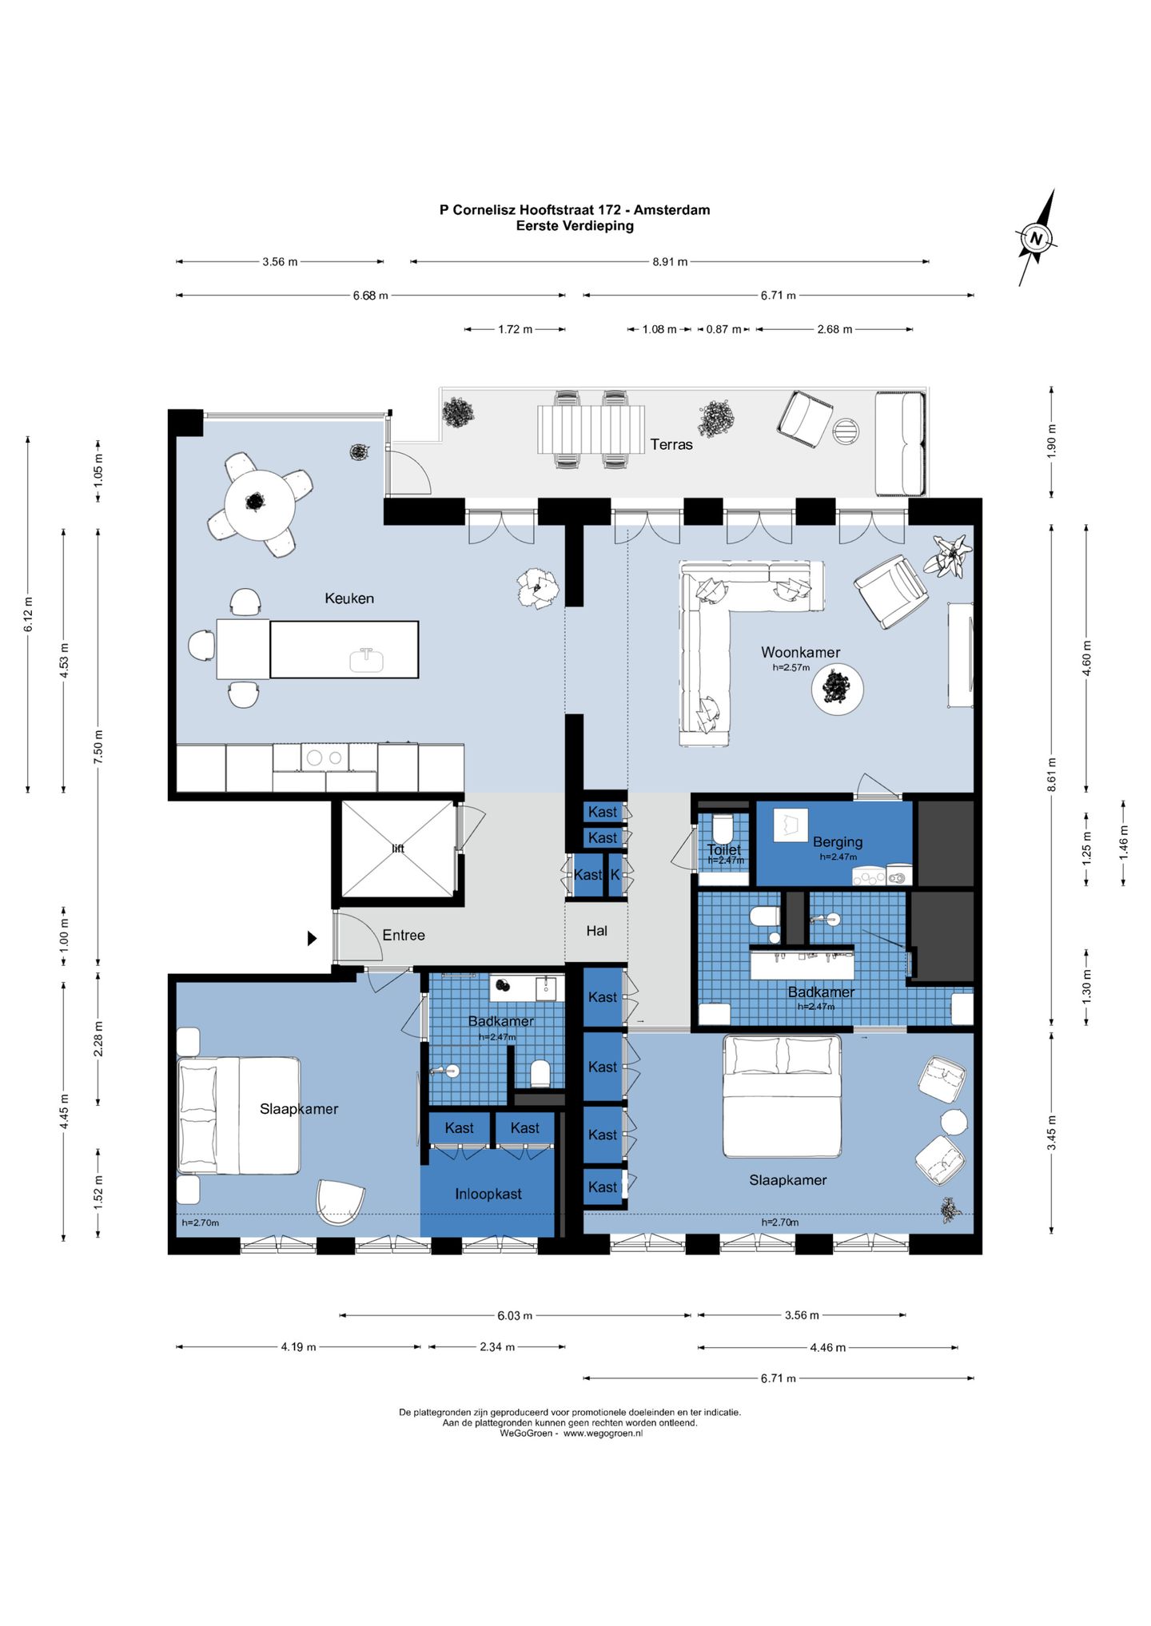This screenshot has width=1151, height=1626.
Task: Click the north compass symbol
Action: click(1037, 237)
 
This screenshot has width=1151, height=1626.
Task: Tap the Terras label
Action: click(671, 444)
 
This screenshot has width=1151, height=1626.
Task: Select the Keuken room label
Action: click(349, 598)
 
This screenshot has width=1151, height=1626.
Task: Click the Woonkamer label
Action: click(800, 652)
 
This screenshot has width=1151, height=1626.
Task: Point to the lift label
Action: click(398, 849)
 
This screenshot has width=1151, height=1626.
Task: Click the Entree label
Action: click(404, 935)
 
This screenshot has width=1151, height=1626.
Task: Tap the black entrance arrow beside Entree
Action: click(313, 938)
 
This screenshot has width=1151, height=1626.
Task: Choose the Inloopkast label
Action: click(488, 1194)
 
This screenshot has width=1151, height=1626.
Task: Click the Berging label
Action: click(838, 841)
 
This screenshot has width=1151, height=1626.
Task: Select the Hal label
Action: click(597, 931)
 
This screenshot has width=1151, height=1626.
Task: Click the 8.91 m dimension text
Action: click(670, 261)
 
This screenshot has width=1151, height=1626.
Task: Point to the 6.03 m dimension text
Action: click(515, 1315)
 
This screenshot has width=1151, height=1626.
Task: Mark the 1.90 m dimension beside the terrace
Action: click(1052, 441)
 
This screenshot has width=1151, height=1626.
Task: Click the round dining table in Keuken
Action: click(259, 504)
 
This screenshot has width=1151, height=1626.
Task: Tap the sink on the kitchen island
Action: click(366, 659)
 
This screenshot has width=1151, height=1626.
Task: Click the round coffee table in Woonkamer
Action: click(837, 688)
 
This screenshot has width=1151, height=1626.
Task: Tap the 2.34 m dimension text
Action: click(497, 1346)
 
